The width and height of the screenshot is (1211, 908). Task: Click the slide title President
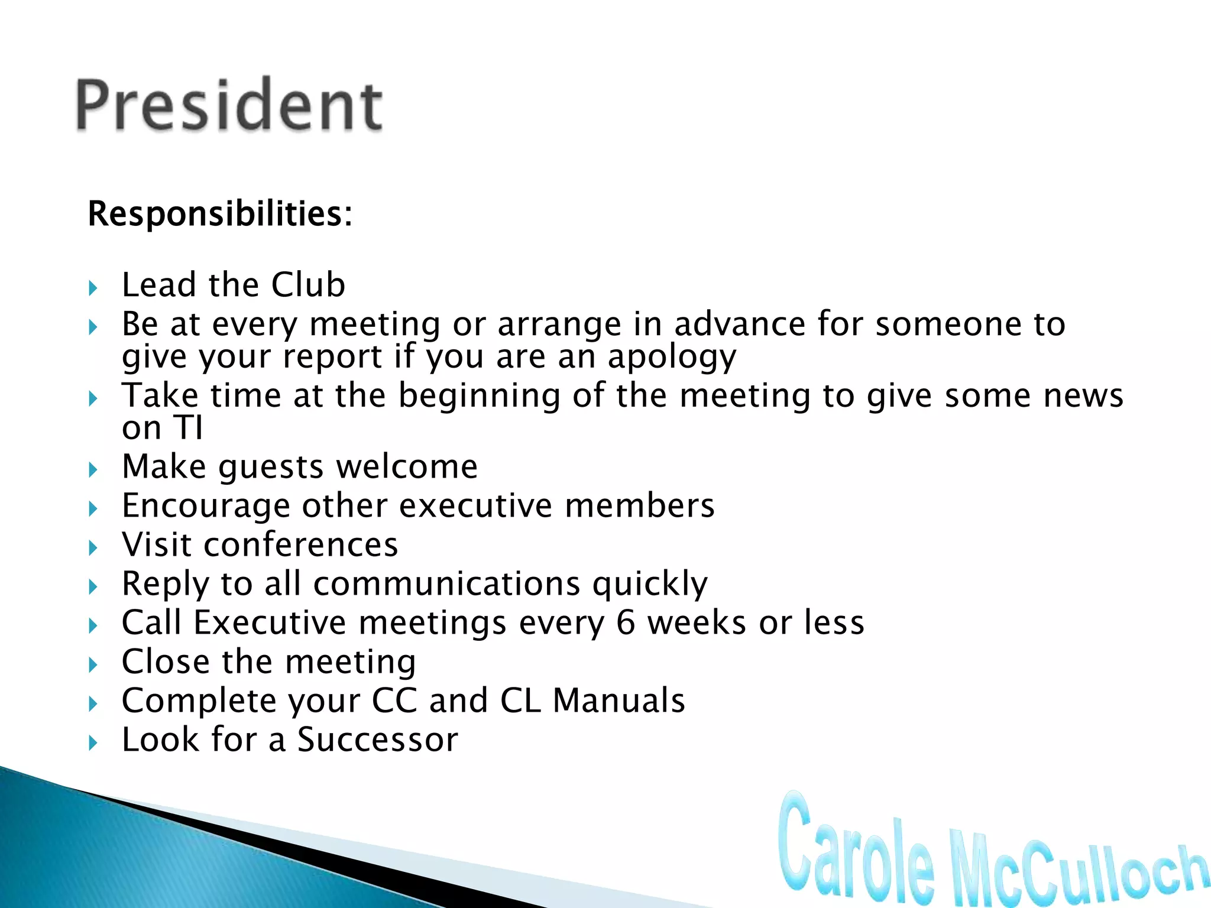(x=229, y=105)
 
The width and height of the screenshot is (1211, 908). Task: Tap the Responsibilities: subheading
(x=220, y=213)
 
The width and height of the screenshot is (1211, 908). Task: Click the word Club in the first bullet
(x=308, y=285)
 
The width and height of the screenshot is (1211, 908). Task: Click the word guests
(x=271, y=468)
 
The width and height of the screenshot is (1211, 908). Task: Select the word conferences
(x=301, y=544)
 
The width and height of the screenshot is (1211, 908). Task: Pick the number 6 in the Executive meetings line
(x=626, y=622)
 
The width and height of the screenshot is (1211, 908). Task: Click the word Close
(x=165, y=661)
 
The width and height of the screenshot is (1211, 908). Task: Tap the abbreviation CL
(x=520, y=701)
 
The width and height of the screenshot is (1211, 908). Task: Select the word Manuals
(x=619, y=701)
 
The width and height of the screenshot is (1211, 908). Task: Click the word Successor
(x=377, y=740)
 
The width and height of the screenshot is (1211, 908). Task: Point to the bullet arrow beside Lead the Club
(x=93, y=288)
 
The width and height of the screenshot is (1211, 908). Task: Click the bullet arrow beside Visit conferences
(x=93, y=548)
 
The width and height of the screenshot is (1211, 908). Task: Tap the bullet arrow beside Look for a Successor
(x=93, y=743)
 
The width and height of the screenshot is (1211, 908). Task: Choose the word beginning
(x=479, y=396)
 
